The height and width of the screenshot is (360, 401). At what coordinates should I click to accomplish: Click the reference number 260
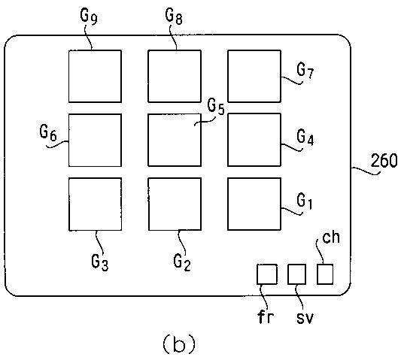[x=384, y=161]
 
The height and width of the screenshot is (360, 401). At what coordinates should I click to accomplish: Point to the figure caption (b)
[x=179, y=344]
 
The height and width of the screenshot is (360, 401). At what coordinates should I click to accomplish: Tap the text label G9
[x=89, y=16]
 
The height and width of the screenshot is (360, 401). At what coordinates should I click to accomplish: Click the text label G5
[x=216, y=106]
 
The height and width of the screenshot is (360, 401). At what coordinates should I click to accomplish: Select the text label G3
[x=100, y=262]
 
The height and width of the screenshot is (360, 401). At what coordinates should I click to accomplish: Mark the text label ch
[x=331, y=237]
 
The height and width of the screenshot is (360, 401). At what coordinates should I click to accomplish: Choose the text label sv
[x=305, y=318]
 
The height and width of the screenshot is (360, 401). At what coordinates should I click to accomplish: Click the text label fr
[x=266, y=317]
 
